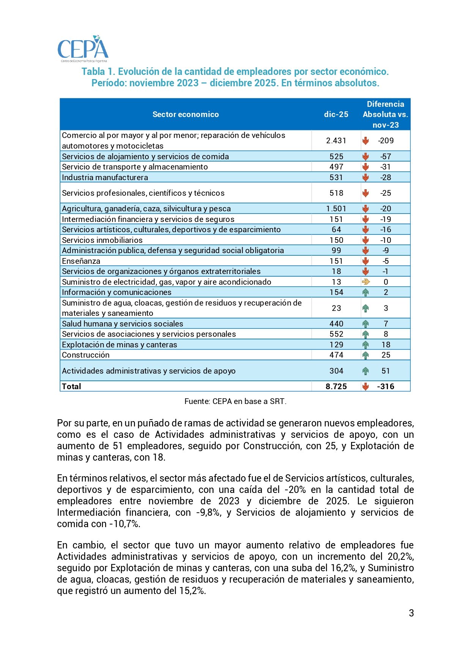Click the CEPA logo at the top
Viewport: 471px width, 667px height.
(x=83, y=49)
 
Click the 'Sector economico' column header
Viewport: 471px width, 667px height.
(x=186, y=114)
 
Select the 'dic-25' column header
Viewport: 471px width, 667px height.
(x=336, y=114)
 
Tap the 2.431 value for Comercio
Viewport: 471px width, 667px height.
(x=336, y=141)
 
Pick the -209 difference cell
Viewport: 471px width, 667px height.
(x=386, y=141)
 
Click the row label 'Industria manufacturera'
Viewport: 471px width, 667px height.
(x=105, y=177)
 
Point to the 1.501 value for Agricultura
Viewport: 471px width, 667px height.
(x=336, y=209)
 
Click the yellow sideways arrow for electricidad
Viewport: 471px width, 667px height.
(x=365, y=282)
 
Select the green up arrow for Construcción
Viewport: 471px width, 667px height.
(x=365, y=355)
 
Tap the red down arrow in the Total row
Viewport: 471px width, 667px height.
(x=365, y=387)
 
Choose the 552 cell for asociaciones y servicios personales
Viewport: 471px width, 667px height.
(x=336, y=334)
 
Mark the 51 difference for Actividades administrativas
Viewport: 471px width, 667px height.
(x=386, y=371)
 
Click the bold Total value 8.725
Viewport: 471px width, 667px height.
(x=336, y=387)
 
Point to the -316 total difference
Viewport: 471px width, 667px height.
(x=386, y=387)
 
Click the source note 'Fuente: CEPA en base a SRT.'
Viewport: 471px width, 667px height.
(x=235, y=401)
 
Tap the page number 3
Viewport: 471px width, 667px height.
(x=411, y=613)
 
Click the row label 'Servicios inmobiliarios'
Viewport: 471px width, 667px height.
(x=102, y=240)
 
